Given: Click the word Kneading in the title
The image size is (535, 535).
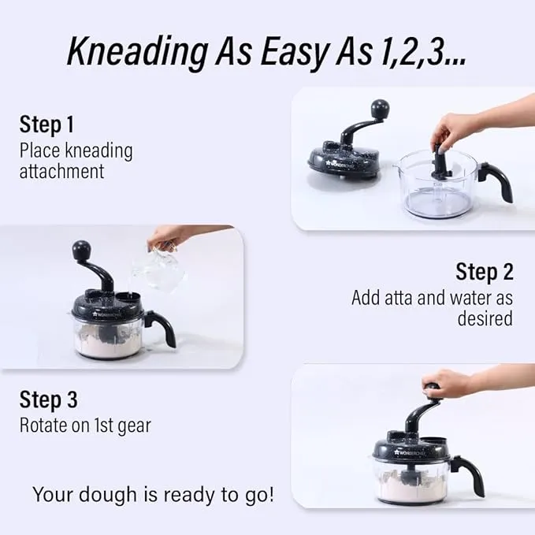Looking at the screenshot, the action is [138, 52].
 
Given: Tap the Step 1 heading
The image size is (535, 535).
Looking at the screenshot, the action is [46, 124].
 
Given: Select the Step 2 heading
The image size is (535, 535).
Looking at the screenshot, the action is [484, 272].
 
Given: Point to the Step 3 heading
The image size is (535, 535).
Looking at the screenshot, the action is [48, 399].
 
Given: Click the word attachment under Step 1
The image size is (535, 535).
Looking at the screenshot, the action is [61, 171].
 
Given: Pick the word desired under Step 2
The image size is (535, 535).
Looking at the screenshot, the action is [485, 318].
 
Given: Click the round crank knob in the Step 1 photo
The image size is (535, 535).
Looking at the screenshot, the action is [380, 108].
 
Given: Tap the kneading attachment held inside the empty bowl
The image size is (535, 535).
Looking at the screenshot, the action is [440, 162].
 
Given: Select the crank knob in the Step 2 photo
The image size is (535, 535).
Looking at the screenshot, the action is [81, 250].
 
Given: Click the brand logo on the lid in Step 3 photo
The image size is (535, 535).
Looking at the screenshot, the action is [409, 453].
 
